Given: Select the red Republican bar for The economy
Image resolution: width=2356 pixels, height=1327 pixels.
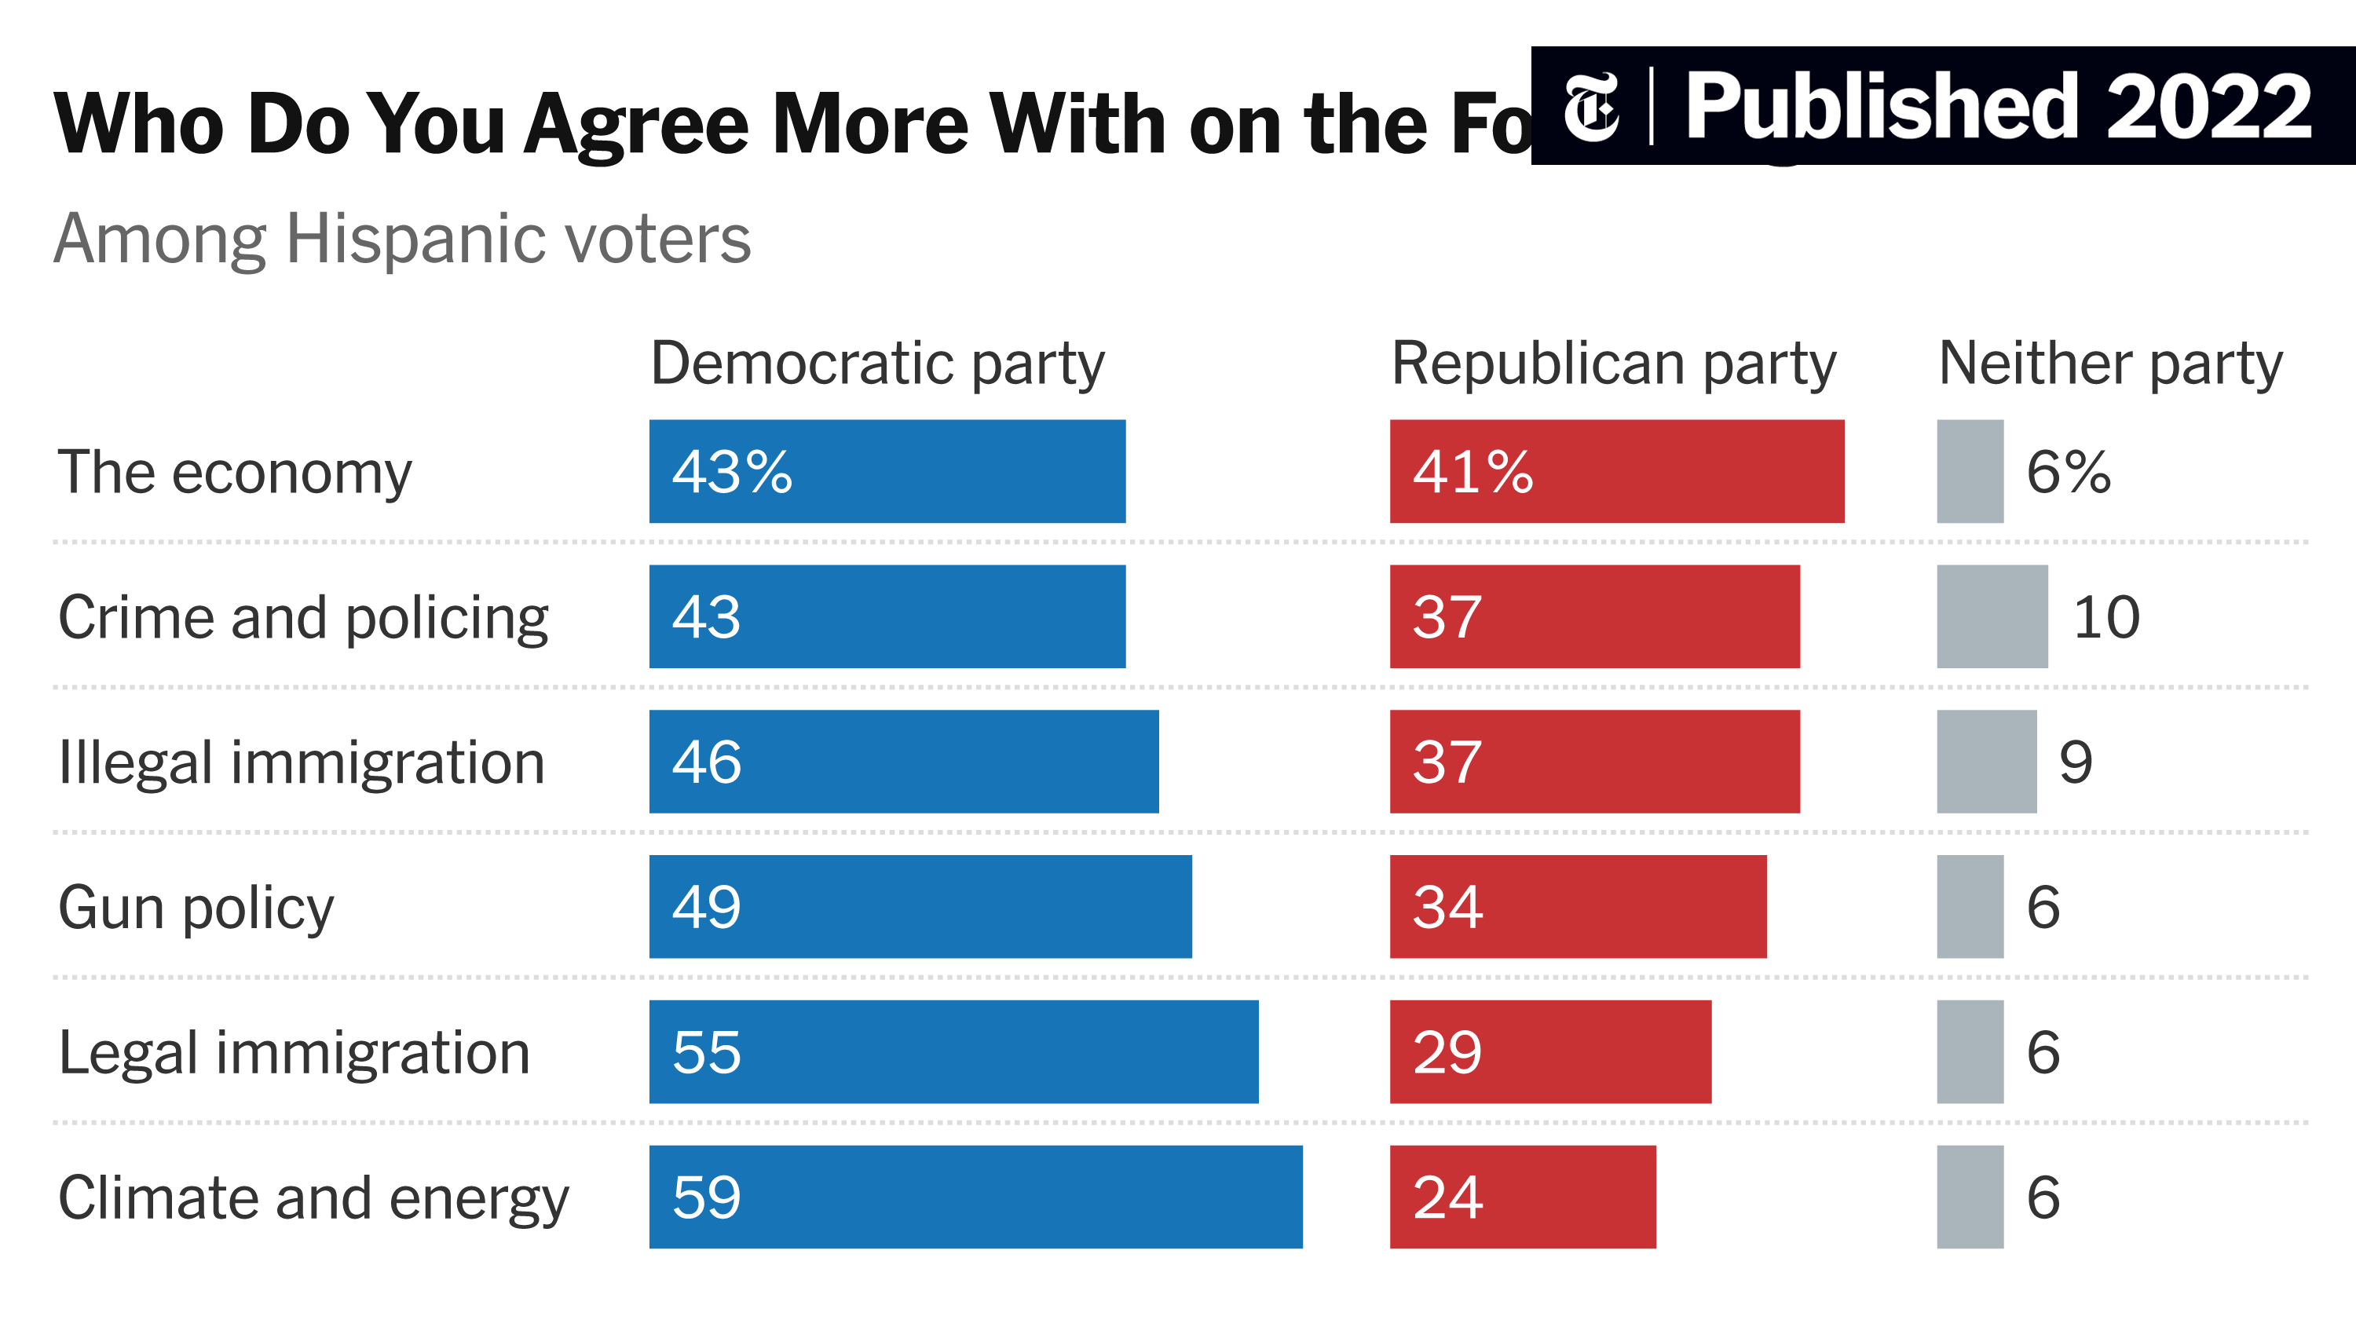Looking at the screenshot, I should pos(1616,471).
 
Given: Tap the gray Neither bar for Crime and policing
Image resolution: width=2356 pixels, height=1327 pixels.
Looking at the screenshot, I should pos(1992,616).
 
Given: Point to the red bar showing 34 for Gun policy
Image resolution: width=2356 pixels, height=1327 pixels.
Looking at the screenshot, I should pos(1578,906).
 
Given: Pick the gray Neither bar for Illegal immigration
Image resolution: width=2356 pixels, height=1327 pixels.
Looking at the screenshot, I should pos(1987,761).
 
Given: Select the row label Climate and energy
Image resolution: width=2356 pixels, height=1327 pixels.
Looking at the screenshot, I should pos(313,1197).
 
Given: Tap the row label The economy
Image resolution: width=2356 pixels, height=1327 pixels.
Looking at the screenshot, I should pos(235,473).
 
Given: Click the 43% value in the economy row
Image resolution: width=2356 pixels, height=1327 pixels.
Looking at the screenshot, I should pos(732,472).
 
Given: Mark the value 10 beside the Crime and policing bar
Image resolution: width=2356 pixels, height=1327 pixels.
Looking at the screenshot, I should pos(2105,616).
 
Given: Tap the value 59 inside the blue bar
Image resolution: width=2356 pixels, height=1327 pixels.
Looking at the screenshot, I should pos(706,1197).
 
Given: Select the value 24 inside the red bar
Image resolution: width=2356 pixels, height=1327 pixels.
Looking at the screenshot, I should pos(1447,1197).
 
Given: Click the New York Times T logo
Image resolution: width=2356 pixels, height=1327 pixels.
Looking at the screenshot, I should pos(1590,107).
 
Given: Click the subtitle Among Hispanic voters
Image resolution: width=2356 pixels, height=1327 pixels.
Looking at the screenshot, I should pos(402,239).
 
